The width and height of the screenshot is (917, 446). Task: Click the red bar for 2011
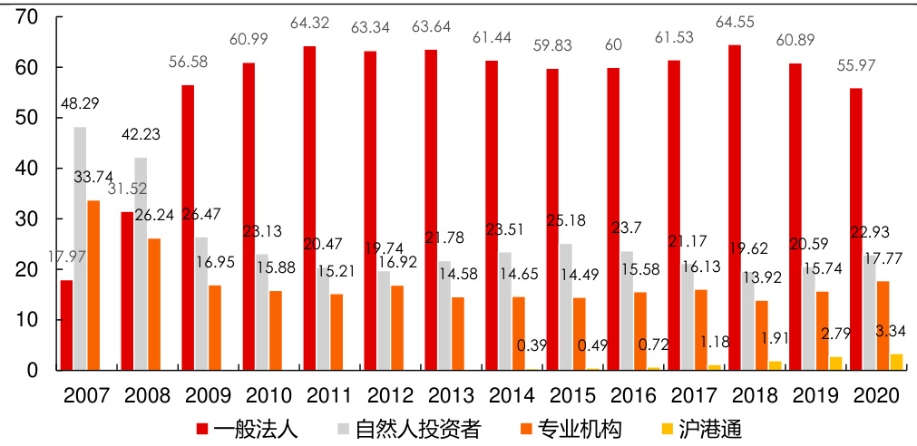click(x=309, y=208)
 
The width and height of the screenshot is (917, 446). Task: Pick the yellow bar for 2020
click(x=896, y=362)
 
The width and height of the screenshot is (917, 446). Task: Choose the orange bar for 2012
click(x=397, y=327)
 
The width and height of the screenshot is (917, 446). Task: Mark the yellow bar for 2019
click(x=835, y=364)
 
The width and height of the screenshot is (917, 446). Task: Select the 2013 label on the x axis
click(x=451, y=396)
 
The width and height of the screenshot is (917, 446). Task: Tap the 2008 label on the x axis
click(x=147, y=396)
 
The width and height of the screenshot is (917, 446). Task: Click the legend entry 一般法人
click(x=255, y=428)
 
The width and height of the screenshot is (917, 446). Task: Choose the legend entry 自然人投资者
click(x=409, y=428)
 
